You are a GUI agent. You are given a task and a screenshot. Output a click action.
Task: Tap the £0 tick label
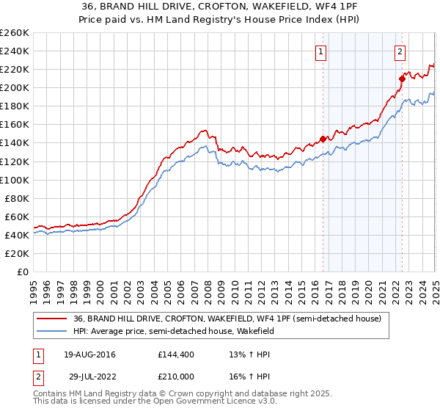[23, 272]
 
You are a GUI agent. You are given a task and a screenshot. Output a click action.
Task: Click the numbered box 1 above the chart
[322, 51]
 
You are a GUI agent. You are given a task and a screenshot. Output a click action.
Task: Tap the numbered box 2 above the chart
[400, 51]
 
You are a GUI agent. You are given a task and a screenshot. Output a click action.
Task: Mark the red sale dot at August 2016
[323, 139]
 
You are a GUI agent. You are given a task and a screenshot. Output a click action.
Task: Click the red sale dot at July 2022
[402, 79]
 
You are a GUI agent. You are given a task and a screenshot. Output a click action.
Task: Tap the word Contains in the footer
[51, 395]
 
